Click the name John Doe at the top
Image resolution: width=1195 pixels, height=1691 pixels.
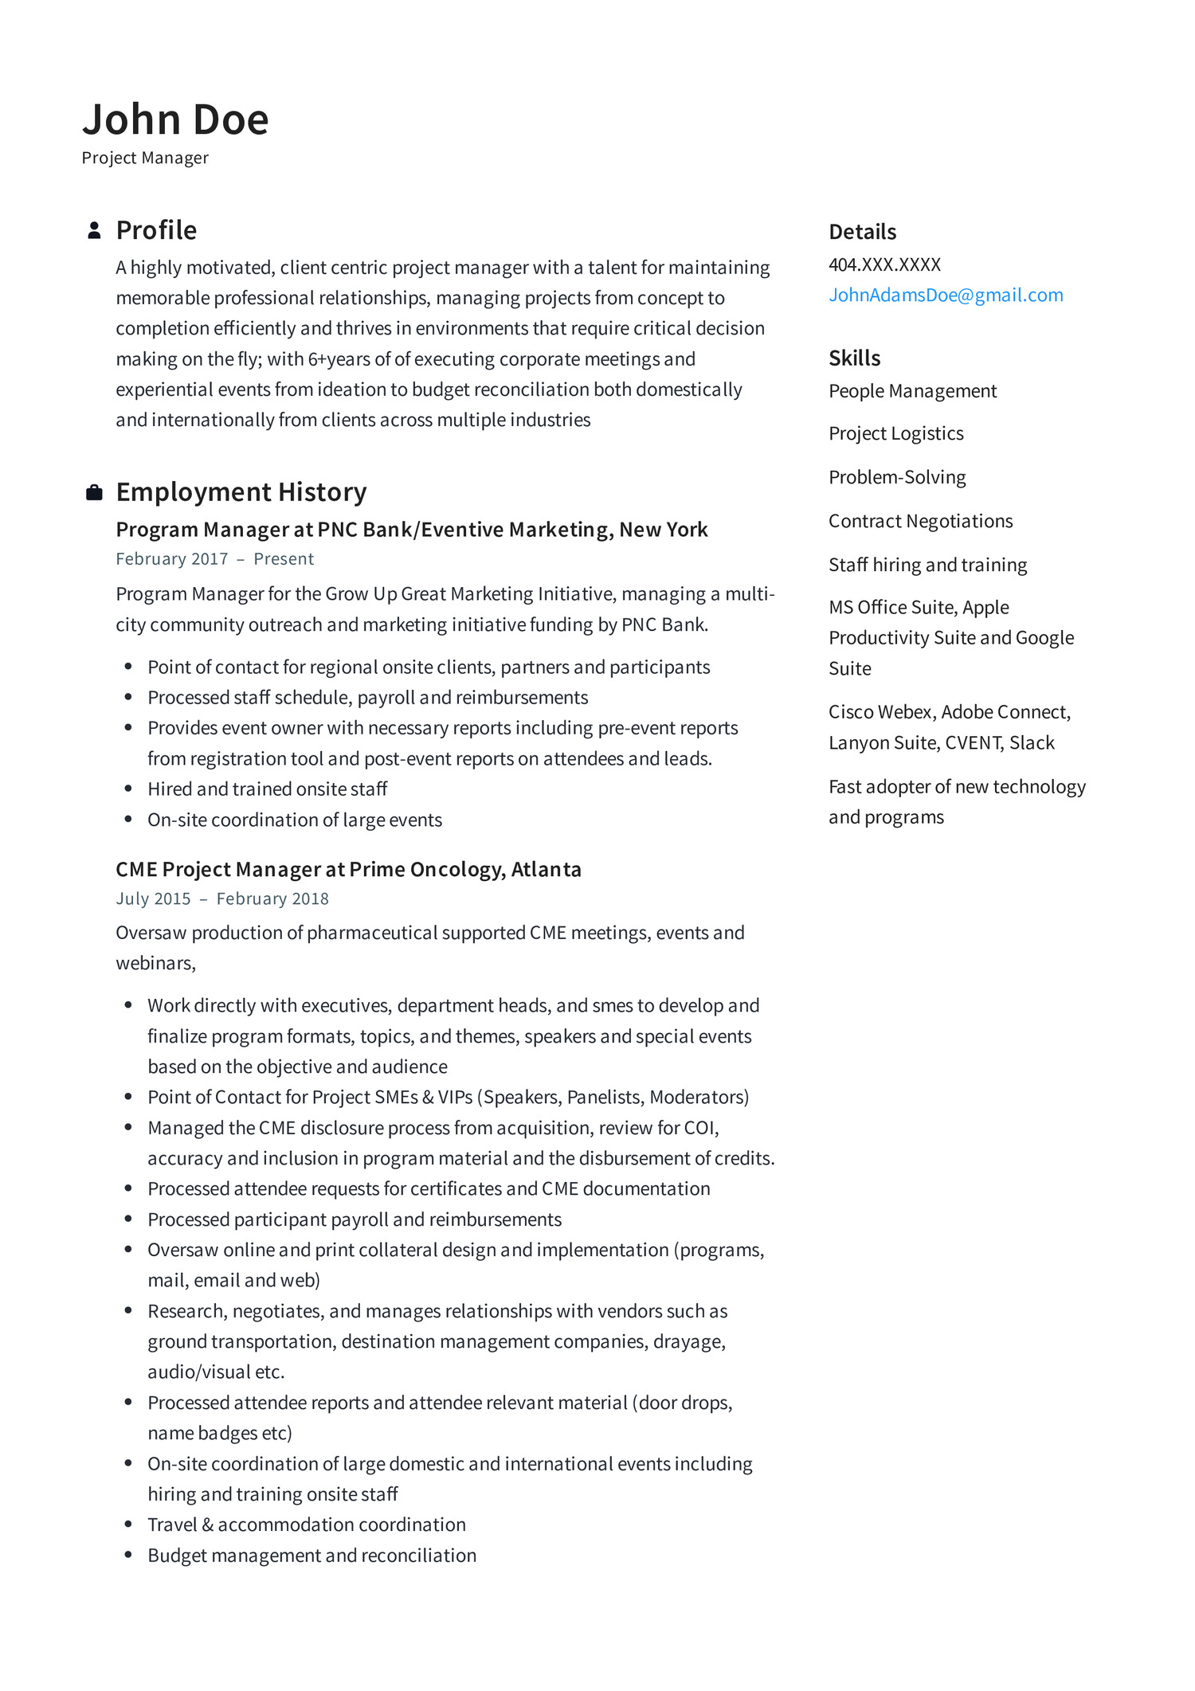(175, 119)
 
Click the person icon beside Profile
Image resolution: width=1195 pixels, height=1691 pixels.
(94, 230)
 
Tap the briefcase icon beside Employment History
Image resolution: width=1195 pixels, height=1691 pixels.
(94, 492)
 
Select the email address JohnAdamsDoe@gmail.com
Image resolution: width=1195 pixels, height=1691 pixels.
(946, 295)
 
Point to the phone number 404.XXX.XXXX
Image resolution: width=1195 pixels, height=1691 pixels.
(884, 264)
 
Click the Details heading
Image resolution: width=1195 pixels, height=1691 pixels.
(862, 232)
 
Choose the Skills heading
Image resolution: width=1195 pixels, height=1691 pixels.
(854, 358)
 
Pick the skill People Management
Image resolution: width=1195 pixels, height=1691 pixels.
(912, 391)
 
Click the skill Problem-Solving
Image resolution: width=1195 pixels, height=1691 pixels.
(897, 477)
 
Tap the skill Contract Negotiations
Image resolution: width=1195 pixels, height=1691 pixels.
(920, 521)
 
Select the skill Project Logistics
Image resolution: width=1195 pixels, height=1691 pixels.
(895, 433)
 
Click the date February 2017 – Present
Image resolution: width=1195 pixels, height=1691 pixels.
(214, 559)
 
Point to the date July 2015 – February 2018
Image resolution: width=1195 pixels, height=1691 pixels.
(221, 898)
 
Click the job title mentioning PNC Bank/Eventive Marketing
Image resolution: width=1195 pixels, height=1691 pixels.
(411, 530)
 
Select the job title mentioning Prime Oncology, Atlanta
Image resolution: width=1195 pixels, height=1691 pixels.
(348, 869)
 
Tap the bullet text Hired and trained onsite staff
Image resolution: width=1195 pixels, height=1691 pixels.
(267, 789)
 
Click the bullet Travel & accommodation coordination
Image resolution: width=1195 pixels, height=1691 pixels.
(306, 1525)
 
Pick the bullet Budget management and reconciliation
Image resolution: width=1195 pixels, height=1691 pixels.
(311, 1555)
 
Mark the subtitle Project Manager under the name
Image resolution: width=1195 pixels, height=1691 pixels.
(145, 158)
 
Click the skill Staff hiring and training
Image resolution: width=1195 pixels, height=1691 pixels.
(927, 565)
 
